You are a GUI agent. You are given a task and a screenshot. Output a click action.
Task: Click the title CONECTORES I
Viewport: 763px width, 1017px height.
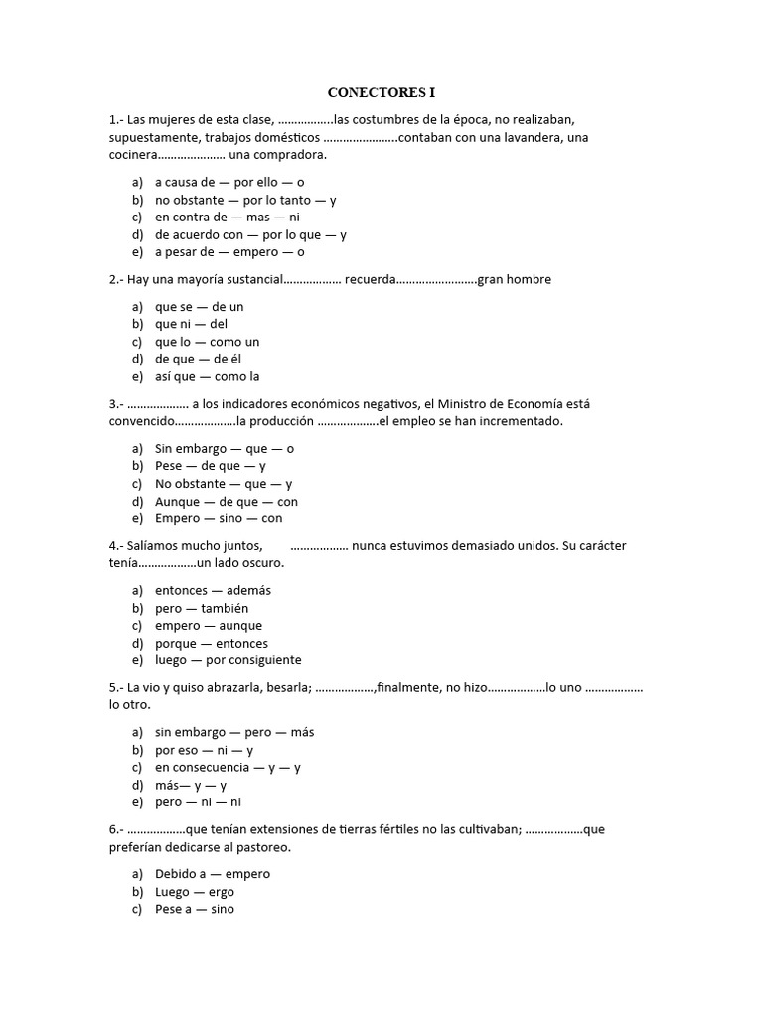(x=381, y=93)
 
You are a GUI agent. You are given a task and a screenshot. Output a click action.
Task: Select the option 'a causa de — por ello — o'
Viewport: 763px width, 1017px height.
(x=229, y=183)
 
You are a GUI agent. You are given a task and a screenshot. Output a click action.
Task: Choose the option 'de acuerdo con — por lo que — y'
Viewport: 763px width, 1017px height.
(x=250, y=235)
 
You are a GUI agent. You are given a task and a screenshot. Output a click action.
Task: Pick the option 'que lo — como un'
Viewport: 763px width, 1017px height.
(x=207, y=342)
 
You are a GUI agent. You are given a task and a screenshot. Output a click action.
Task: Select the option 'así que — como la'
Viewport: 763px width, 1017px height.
(x=207, y=377)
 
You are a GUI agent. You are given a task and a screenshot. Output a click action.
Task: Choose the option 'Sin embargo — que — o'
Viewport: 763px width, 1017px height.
(x=225, y=449)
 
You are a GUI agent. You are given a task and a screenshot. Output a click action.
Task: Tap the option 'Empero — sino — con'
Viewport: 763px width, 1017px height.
(x=219, y=519)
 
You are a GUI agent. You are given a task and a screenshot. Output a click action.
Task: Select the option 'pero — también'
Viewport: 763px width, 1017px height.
(x=202, y=608)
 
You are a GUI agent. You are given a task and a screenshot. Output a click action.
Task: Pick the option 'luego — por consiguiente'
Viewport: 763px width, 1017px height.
(x=228, y=660)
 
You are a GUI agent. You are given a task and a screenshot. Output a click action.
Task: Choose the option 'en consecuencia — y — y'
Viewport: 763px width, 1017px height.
(x=228, y=768)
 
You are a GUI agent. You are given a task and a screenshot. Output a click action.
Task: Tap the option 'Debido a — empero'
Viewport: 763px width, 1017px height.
(x=213, y=874)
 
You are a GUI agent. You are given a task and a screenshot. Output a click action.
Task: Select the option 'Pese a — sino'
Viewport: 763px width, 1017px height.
(x=195, y=909)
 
